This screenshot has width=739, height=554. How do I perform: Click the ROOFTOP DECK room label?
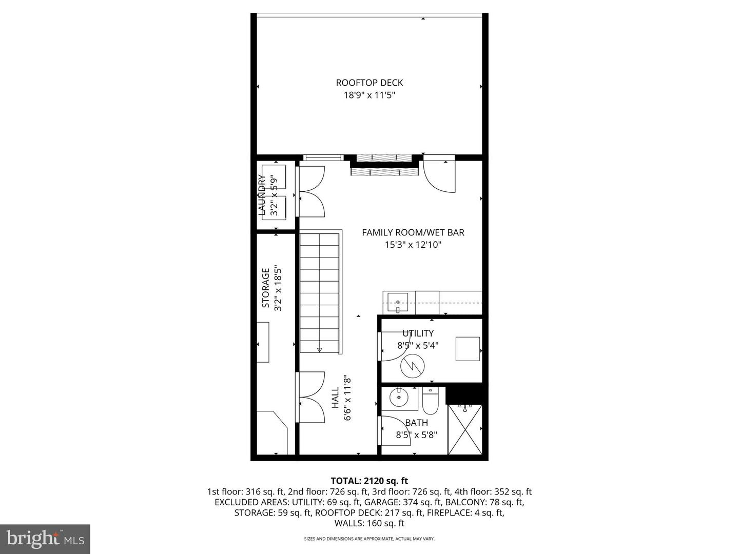click(369, 83)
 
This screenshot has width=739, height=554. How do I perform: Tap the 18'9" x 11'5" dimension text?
click(369, 95)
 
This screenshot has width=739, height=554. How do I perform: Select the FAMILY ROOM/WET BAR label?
click(413, 232)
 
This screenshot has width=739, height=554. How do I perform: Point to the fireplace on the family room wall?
click(382, 166)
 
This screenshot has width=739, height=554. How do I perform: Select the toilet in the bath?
click(429, 402)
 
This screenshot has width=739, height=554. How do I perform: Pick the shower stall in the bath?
click(465, 429)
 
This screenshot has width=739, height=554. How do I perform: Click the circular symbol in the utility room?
click(413, 366)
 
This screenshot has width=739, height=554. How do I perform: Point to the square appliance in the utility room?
click(468, 349)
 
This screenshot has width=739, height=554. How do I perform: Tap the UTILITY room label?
click(418, 333)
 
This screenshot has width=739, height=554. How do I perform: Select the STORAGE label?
click(266, 288)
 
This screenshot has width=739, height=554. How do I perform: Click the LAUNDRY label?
click(261, 195)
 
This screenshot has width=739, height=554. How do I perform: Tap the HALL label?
click(335, 398)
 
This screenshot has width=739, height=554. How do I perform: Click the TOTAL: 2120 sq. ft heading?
click(369, 481)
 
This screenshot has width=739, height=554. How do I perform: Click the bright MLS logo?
click(45, 539)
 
